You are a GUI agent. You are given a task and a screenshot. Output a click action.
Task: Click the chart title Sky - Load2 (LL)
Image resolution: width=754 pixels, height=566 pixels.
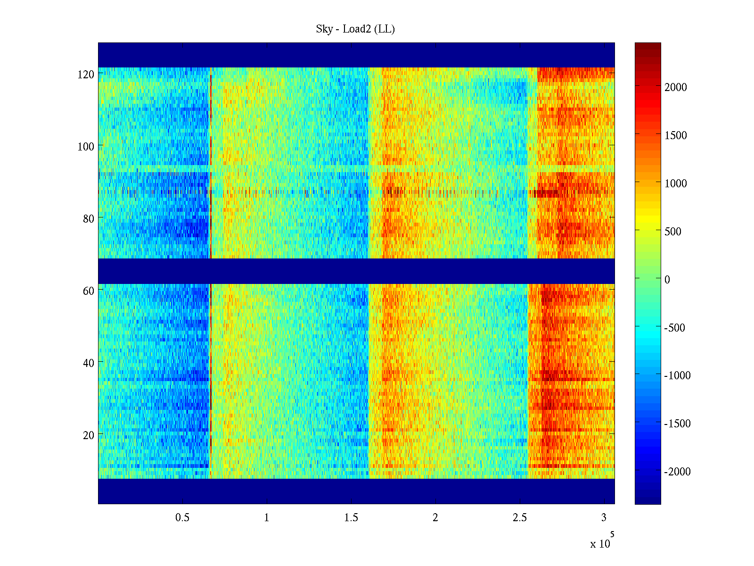point(355,29)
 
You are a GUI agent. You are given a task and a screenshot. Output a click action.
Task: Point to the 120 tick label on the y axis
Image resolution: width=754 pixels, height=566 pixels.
point(86,75)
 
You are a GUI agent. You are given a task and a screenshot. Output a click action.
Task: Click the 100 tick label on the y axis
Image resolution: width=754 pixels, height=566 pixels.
point(86,147)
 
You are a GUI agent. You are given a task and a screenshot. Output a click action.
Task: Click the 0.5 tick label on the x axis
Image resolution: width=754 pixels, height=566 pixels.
point(182,518)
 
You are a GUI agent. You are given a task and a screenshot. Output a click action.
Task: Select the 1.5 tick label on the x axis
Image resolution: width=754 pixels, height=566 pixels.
point(351,518)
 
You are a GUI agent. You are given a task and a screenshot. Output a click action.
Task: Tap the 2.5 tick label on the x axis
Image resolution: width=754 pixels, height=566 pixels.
point(520,518)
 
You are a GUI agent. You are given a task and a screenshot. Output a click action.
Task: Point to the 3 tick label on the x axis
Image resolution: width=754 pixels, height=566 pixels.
point(604,518)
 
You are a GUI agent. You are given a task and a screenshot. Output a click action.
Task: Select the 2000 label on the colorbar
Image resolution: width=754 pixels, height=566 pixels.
point(676,87)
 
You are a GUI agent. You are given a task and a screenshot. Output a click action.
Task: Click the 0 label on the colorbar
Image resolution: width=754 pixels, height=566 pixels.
point(667,280)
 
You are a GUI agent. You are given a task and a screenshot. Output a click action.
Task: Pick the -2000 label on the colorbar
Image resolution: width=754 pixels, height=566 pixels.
point(677,472)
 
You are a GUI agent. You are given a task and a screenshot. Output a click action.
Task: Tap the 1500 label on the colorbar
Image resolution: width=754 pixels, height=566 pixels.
point(676,135)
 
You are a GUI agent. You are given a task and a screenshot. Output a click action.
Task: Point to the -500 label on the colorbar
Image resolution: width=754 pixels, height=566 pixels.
point(675,328)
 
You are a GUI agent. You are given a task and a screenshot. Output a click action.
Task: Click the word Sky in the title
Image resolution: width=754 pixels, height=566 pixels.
point(324,29)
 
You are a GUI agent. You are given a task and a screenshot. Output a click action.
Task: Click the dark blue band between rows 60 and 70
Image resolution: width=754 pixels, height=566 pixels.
point(356,271)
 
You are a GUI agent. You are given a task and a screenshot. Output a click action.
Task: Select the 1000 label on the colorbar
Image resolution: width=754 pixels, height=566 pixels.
point(676,183)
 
